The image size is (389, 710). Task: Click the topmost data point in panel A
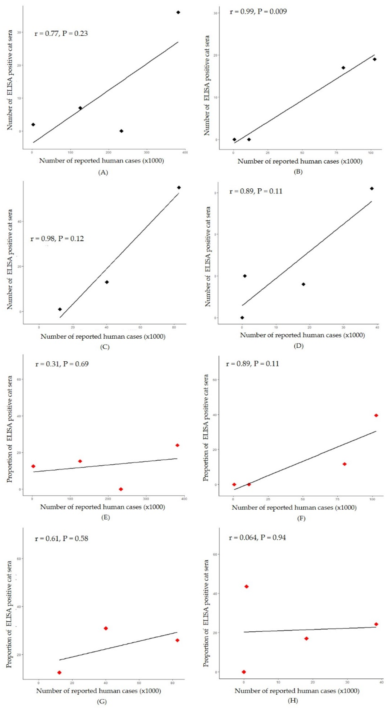point(178,12)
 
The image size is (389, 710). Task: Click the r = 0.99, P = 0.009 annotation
point(258,12)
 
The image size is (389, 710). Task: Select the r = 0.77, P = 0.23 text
point(61,34)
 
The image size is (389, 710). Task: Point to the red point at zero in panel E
point(121,489)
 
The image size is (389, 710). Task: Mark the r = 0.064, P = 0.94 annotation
point(257,537)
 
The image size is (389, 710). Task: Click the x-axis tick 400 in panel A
point(185,152)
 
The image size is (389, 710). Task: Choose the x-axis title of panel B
point(300,161)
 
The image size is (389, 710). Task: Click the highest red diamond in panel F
point(376,415)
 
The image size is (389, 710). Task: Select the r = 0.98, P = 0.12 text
point(57,239)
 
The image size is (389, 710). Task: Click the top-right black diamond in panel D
point(372,189)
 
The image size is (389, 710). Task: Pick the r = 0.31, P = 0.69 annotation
point(62,364)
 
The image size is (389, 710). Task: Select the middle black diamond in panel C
point(107,282)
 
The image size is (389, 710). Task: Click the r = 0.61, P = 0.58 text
point(61,539)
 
